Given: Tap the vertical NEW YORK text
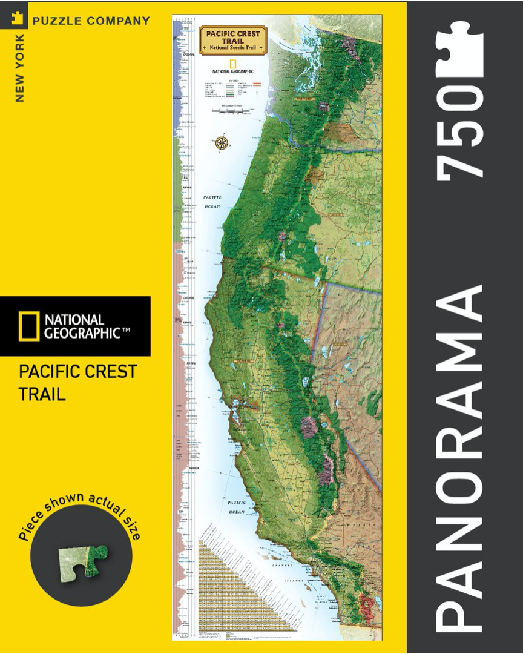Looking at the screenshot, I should click(x=20, y=67).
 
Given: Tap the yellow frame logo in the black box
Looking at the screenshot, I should click(x=28, y=326).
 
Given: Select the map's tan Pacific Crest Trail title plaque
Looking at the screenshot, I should click(x=233, y=40).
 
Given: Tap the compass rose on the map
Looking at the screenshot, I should click(x=222, y=144).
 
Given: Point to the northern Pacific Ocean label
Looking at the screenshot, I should click(x=212, y=202).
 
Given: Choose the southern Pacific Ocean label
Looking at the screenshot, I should click(x=236, y=507).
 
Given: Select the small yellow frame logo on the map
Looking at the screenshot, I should click(x=233, y=64).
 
